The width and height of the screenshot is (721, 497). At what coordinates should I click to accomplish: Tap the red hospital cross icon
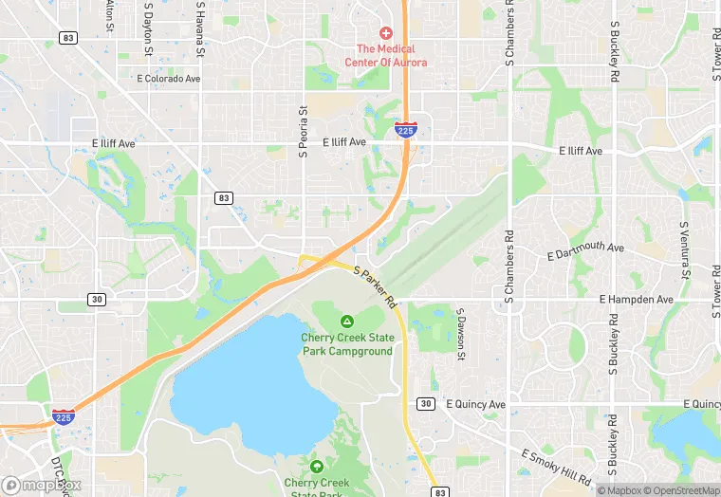pos(386,33)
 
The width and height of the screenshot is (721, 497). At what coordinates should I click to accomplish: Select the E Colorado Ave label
pos(170,79)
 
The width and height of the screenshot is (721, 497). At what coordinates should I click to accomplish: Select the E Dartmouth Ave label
pos(586,252)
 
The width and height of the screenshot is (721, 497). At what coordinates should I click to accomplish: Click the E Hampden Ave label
pos(637,299)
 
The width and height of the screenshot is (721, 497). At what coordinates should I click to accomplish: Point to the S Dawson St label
pos(461,334)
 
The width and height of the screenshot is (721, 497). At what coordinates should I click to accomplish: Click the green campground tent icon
pos(347,322)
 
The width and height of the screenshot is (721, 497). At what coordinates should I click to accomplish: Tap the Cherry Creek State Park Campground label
pos(346,344)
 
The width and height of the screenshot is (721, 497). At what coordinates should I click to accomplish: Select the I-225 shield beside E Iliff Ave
pos(405,130)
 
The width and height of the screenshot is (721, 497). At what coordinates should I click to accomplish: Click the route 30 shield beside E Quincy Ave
pos(426,404)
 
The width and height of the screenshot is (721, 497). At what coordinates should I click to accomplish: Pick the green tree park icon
pos(316,467)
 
